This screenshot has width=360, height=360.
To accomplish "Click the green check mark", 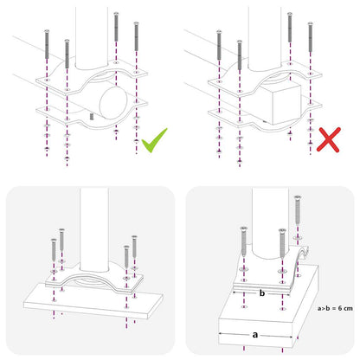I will (x=154, y=138).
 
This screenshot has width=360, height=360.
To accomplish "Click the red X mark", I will (x=328, y=139).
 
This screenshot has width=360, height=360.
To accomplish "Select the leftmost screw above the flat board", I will (x=54, y=255).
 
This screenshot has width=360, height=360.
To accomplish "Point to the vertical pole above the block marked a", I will (x=268, y=216).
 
